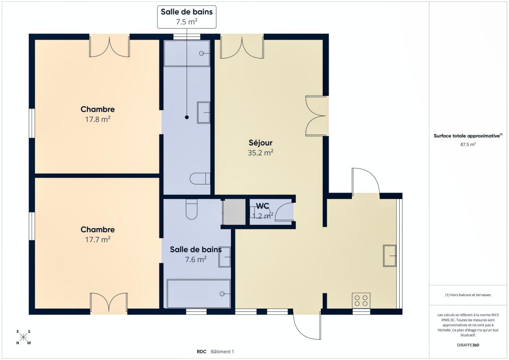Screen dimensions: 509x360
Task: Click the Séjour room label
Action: point(260,143)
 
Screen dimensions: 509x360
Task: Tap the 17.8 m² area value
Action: point(98,119)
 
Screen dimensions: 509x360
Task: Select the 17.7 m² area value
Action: point(98,239)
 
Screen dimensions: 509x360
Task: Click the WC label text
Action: point(262,206)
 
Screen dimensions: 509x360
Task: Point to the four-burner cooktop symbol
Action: point(361,300)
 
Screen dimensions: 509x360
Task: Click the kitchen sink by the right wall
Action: point(390,256)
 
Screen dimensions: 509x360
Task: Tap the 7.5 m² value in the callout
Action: point(187,22)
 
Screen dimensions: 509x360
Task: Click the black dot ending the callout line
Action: point(187,117)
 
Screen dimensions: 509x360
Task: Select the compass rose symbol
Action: point(23,337)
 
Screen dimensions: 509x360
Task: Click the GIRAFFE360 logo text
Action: point(468,345)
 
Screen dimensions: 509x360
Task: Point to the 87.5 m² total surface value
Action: point(468,144)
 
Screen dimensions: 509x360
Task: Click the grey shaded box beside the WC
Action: point(234,211)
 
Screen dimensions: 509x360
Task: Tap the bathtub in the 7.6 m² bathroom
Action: point(198,293)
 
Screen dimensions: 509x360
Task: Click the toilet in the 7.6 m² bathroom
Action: point(192,209)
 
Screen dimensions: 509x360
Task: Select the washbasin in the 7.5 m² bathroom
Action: point(203,112)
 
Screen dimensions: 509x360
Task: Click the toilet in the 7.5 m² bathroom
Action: point(200,179)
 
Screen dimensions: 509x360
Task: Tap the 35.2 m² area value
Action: point(260,153)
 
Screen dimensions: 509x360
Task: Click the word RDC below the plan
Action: point(201,351)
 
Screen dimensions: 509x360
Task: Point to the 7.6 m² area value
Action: point(196,260)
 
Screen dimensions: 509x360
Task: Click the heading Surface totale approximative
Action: point(467,136)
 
